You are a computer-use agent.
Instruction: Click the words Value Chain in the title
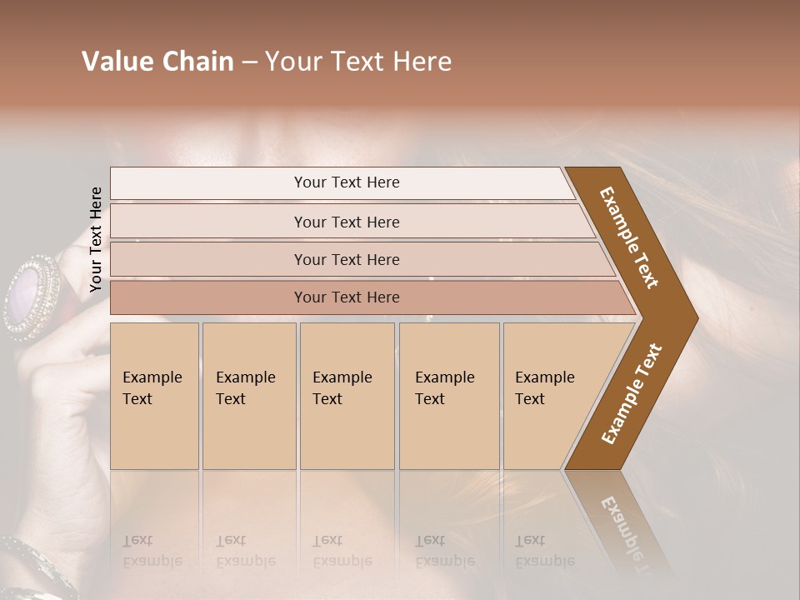click(157, 62)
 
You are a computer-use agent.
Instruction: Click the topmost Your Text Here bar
click(346, 182)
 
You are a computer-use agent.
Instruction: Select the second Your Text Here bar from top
click(347, 222)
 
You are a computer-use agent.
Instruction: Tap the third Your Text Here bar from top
click(347, 259)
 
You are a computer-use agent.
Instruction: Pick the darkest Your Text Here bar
click(347, 297)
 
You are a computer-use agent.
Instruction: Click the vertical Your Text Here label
click(96, 240)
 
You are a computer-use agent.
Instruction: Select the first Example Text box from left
click(154, 396)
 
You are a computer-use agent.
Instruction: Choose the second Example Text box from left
click(249, 396)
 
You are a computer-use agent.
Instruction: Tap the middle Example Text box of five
click(347, 396)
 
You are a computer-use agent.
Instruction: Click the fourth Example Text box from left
click(449, 396)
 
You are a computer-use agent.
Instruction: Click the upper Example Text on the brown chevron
click(629, 237)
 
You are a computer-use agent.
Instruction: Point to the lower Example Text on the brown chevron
click(632, 394)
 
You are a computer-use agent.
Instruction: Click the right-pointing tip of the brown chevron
click(693, 317)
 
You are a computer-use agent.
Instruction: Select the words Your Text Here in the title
click(358, 62)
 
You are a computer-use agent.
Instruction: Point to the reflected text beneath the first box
click(152, 550)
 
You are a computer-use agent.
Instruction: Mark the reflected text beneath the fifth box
click(545, 550)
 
